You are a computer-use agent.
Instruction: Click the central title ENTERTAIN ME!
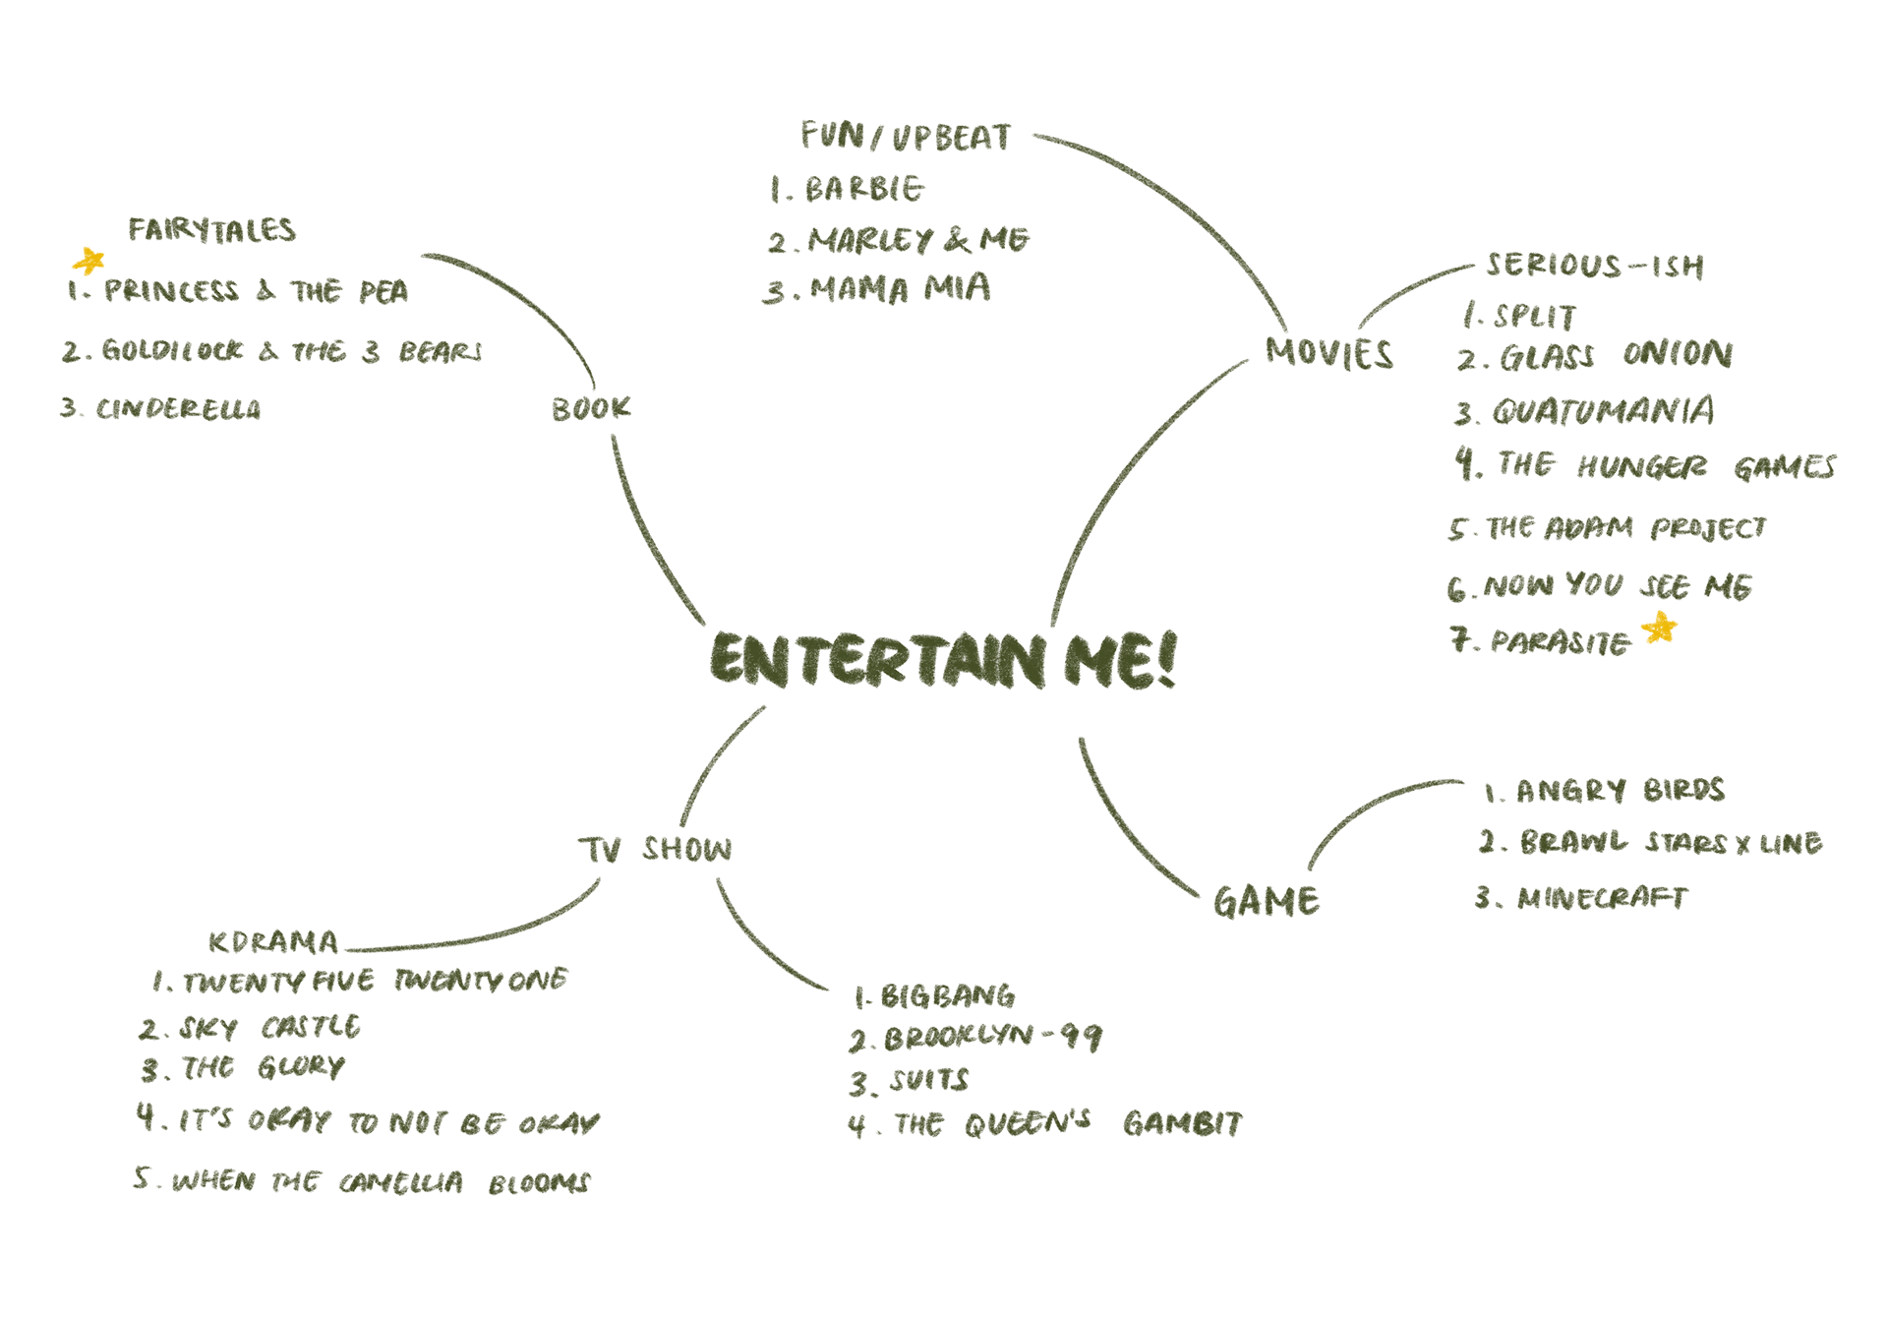click(942, 659)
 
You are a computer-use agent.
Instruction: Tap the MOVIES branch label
click(1328, 353)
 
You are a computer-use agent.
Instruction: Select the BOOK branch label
click(590, 408)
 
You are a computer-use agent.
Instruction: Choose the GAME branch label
click(1266, 901)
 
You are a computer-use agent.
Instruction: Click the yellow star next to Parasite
click(1660, 628)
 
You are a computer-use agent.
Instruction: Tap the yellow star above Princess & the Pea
click(88, 261)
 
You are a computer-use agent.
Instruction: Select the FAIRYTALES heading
click(211, 230)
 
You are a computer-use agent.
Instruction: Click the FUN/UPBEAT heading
click(906, 137)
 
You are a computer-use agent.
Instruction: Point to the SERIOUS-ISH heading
click(1594, 266)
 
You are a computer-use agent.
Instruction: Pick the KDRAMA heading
click(272, 942)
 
